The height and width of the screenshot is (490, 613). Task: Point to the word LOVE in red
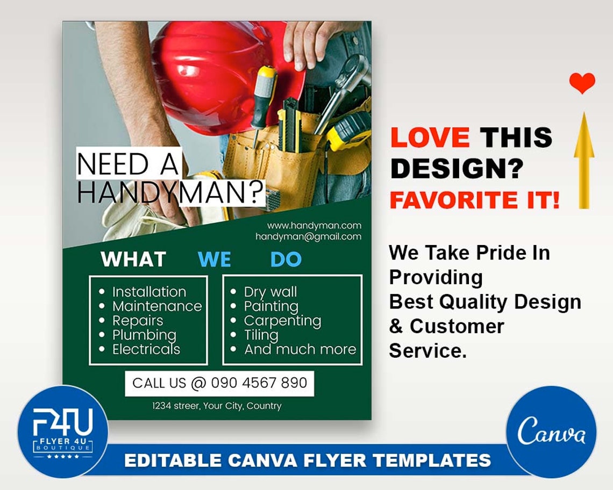pyautogui.click(x=430, y=138)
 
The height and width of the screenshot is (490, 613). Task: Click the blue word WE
pyautogui.click(x=214, y=260)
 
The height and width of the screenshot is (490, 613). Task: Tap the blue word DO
pyautogui.click(x=286, y=260)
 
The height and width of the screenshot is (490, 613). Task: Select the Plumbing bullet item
pyautogui.click(x=144, y=335)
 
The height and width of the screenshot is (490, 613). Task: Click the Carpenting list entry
pyautogui.click(x=282, y=321)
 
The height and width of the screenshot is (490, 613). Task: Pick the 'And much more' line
pyautogui.click(x=300, y=350)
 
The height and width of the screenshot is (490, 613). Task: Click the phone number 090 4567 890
pyautogui.click(x=259, y=383)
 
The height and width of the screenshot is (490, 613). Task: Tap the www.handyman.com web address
pyautogui.click(x=314, y=226)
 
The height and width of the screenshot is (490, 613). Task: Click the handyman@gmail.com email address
pyautogui.click(x=308, y=236)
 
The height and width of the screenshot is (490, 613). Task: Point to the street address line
pyautogui.click(x=216, y=406)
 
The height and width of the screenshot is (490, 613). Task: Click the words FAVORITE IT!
pyautogui.click(x=474, y=200)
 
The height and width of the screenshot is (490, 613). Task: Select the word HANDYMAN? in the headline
pyautogui.click(x=171, y=193)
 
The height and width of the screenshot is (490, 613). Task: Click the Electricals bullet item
pyautogui.click(x=146, y=350)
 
